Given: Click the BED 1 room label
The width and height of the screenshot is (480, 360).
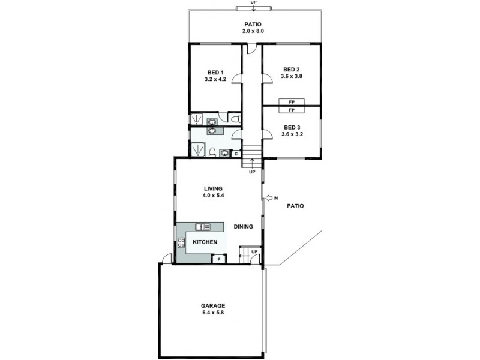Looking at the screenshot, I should point(215,72).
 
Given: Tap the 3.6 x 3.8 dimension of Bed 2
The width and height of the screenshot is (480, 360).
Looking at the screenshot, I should point(291,76).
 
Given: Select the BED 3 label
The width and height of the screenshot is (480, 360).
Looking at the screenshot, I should point(291,127).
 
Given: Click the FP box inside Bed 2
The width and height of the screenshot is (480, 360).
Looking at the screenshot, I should point(292,102).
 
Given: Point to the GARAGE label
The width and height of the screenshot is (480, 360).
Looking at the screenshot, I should point(213,305).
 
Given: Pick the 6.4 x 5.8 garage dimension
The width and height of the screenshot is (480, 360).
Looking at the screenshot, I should point(213,313).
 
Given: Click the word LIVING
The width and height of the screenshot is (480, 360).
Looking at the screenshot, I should point(213,188).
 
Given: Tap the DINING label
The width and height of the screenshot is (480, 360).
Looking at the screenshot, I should point(243,227).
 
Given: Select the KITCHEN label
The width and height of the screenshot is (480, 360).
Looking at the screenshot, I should point(205,242).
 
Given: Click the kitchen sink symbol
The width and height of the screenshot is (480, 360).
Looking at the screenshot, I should point(203,226).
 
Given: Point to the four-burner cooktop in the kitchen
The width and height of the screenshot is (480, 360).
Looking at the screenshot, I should point(181,242).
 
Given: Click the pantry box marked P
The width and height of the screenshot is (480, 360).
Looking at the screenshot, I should point(218,259).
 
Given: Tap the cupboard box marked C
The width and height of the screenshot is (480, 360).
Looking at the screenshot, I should point(236,153).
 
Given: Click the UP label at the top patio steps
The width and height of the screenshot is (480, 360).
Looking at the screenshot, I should point(253,2).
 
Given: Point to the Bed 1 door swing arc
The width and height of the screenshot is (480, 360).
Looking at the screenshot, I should point(237,78).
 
